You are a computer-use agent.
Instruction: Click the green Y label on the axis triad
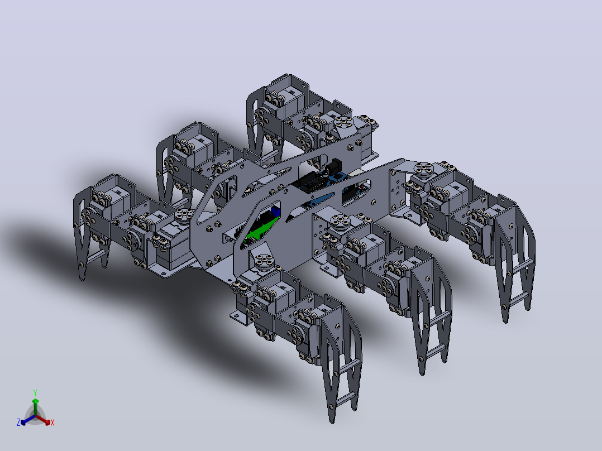35,392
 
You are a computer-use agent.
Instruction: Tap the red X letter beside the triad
52,423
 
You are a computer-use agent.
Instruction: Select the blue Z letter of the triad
18,422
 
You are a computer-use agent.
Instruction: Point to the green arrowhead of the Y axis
35,401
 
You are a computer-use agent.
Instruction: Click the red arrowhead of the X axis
47,422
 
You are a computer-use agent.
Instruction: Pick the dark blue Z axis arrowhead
23,422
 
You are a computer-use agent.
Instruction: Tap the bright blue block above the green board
275,212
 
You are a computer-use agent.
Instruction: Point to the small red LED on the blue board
362,187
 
